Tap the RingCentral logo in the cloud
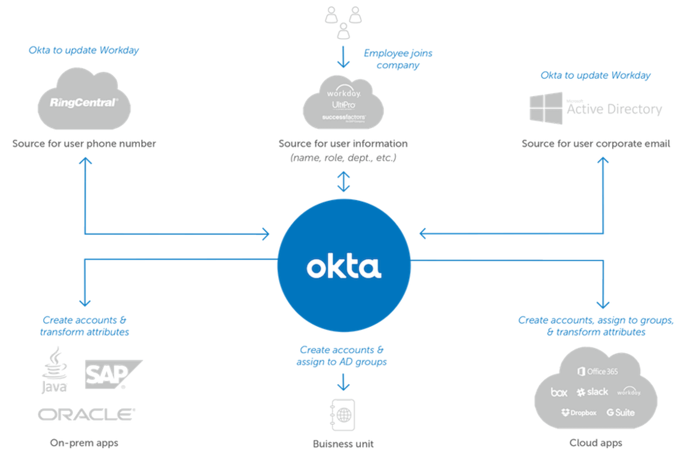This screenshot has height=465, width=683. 84,102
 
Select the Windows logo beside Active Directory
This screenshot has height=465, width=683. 545,108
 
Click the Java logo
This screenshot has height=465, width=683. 54,370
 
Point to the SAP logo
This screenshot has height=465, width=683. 111,374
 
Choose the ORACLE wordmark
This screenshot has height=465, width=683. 87,414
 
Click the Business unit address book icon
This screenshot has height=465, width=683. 343,415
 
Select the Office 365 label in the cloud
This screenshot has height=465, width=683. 598,371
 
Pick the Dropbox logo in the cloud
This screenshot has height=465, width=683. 579,413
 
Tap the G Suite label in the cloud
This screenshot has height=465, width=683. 621,413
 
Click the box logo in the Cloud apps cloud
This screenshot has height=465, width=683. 559,392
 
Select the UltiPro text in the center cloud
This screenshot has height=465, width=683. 343,105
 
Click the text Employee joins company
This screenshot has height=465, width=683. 398,59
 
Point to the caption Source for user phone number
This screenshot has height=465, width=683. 84,144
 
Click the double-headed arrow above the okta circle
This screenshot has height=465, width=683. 343,181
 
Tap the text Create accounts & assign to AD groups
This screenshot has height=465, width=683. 341,356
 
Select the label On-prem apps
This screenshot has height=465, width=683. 84,443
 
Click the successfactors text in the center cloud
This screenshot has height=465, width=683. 344,117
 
